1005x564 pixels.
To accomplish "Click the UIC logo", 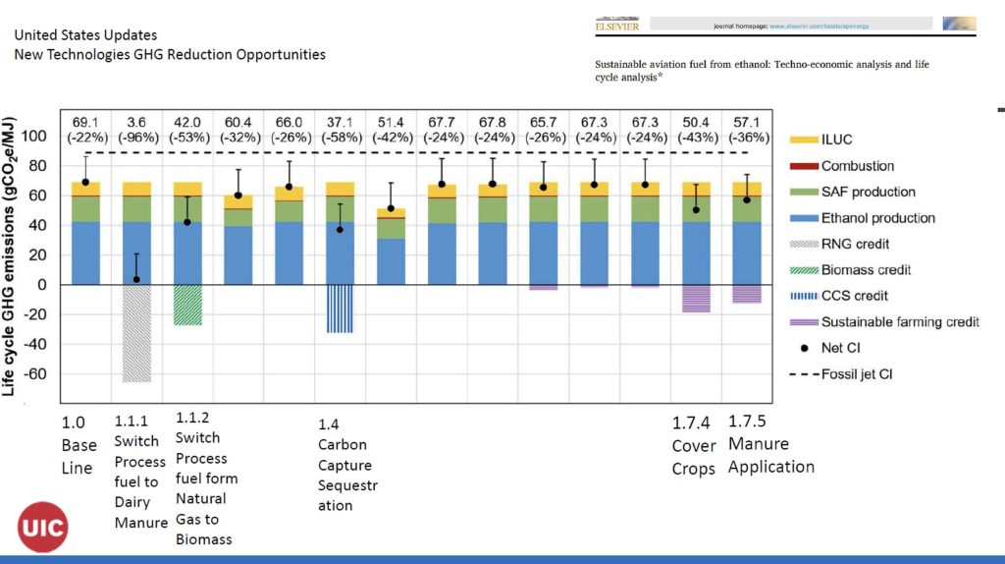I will click(42, 529).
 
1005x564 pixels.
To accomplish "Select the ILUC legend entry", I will click(837, 140).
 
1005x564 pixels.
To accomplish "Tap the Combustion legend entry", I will click(857, 166).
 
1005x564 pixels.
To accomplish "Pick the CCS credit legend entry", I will click(854, 296).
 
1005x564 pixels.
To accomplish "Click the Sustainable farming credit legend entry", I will click(899, 321).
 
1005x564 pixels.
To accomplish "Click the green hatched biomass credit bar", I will click(187, 305).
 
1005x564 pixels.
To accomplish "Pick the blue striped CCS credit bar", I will click(340, 309).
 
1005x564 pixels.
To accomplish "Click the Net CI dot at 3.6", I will click(136, 279).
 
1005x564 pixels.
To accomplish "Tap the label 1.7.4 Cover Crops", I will click(693, 445).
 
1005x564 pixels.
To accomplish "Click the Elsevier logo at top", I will click(616, 24).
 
